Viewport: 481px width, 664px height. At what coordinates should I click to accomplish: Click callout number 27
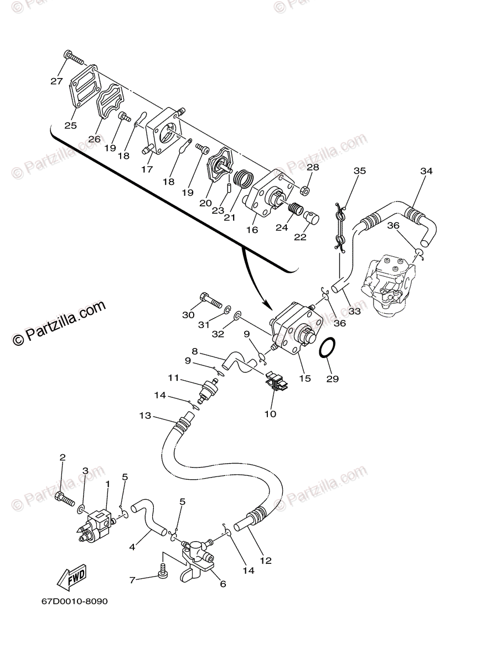coord(56,81)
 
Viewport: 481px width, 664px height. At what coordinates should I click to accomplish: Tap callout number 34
coord(426,171)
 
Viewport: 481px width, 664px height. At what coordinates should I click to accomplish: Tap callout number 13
coord(144,416)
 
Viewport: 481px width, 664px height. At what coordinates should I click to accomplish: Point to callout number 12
coord(266,561)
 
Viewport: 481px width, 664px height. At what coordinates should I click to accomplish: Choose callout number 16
coord(252,230)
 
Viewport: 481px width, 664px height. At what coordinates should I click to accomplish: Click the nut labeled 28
coord(304,191)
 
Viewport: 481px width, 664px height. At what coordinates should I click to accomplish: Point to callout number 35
coord(360,171)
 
